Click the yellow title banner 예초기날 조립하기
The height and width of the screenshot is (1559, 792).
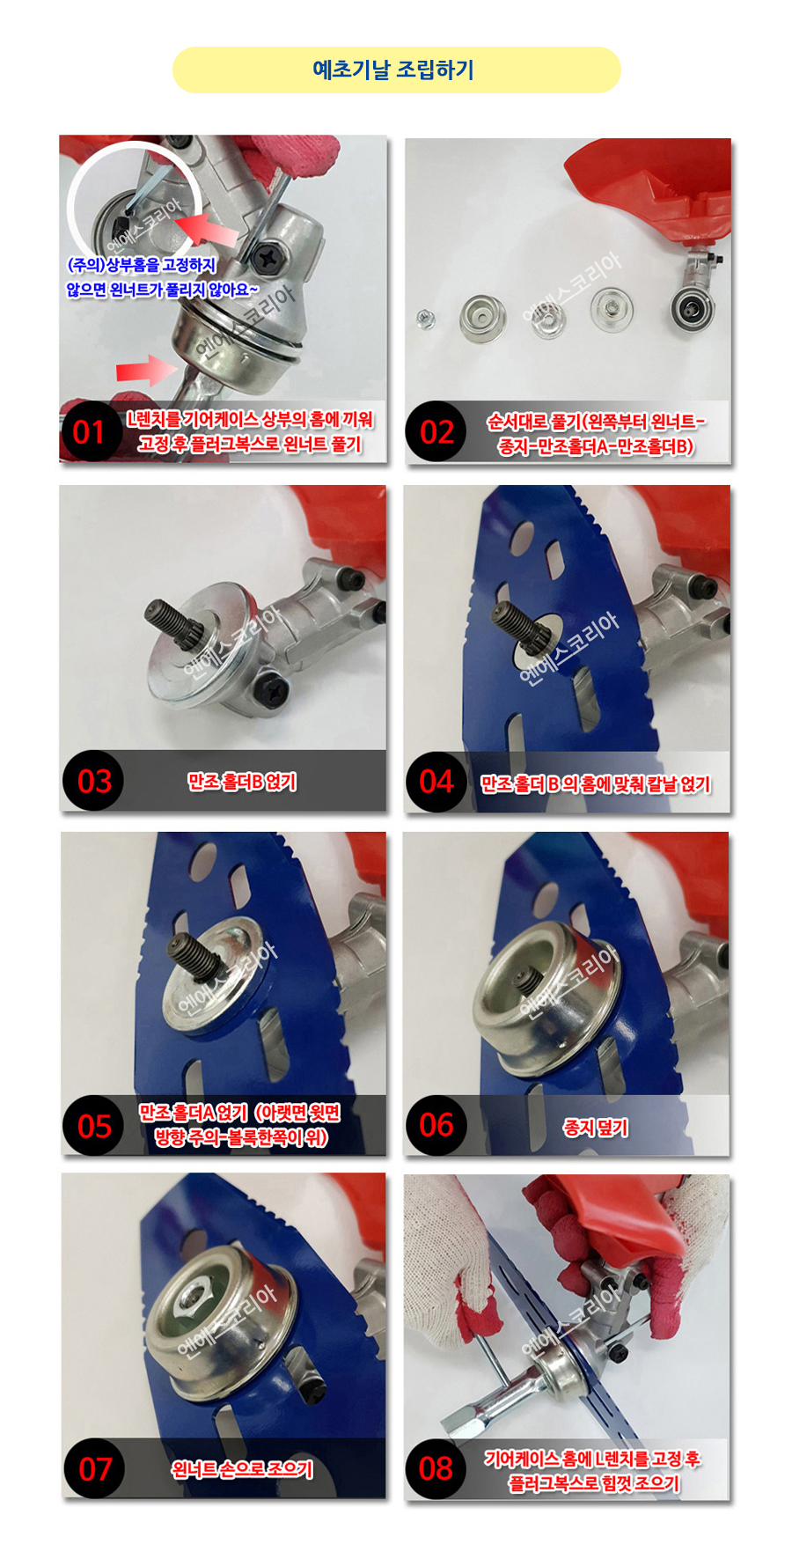pyautogui.click(x=396, y=70)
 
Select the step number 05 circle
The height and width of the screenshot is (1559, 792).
pyautogui.click(x=93, y=1126)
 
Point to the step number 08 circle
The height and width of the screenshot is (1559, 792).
pyautogui.click(x=436, y=1468)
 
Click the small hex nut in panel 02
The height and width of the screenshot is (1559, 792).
pyautogui.click(x=423, y=316)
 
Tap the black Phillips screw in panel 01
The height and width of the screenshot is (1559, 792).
pyautogui.click(x=267, y=260)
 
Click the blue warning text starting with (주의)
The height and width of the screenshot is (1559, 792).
pyautogui.click(x=163, y=277)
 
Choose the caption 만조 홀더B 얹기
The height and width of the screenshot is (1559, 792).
pyautogui.click(x=242, y=782)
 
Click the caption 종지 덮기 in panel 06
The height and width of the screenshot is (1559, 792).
pyautogui.click(x=596, y=1128)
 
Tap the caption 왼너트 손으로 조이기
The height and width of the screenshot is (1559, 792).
pyautogui.click(x=242, y=1469)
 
